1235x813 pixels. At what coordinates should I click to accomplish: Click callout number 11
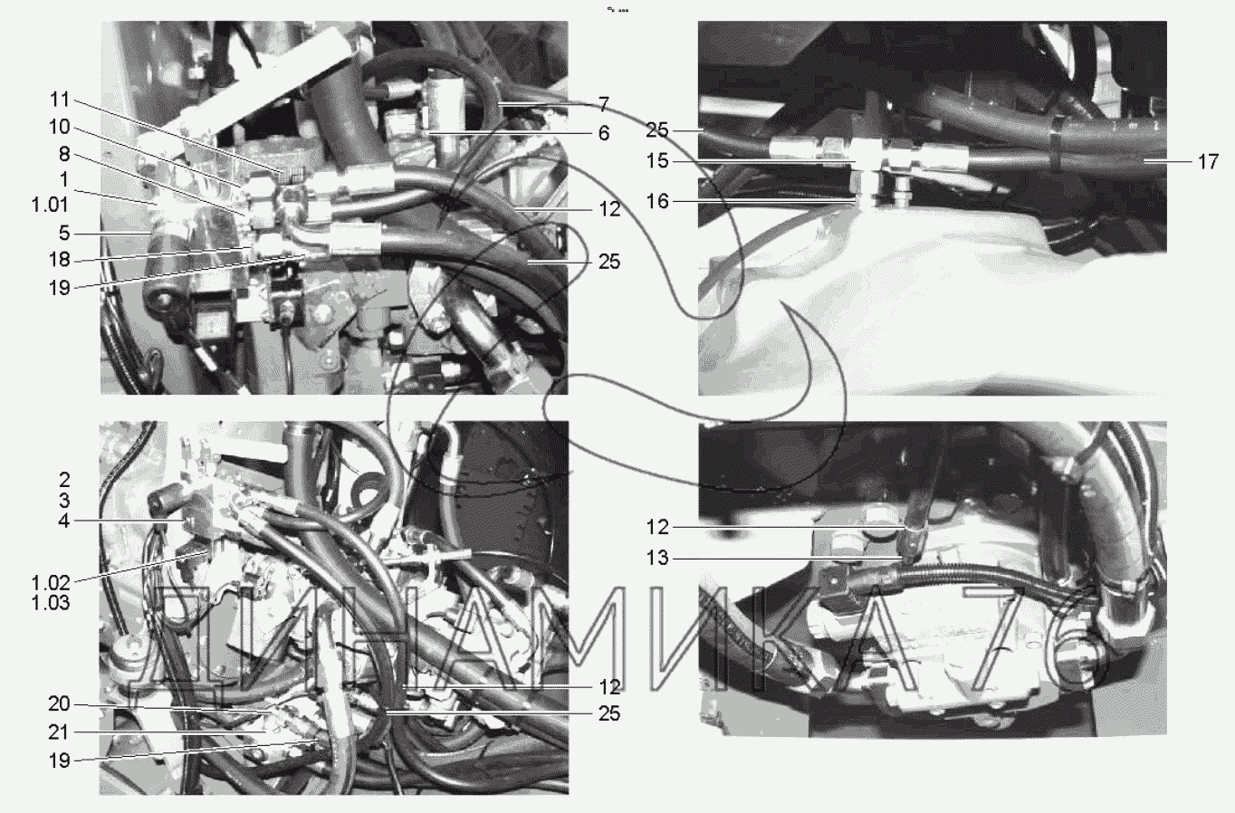pyautogui.click(x=60, y=100)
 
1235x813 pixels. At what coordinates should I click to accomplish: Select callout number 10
pyautogui.click(x=60, y=128)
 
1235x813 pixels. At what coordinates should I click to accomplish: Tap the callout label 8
pyautogui.click(x=64, y=154)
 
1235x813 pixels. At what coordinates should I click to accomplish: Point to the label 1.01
pyautogui.click(x=50, y=205)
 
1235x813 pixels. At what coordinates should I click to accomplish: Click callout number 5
pyautogui.click(x=64, y=234)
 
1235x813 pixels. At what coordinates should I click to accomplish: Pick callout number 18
pyautogui.click(x=60, y=260)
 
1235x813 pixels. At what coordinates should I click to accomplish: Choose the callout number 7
pyautogui.click(x=604, y=104)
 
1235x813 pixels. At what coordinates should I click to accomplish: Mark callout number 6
pyautogui.click(x=604, y=133)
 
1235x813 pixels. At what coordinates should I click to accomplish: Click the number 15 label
pyautogui.click(x=657, y=161)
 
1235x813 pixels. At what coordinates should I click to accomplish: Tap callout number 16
pyautogui.click(x=657, y=202)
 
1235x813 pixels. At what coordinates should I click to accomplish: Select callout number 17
pyautogui.click(x=1208, y=161)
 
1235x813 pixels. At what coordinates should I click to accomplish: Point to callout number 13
pyautogui.click(x=657, y=558)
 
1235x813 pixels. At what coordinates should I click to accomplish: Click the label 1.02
pyautogui.click(x=51, y=583)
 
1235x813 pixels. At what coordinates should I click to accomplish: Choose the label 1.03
pyautogui.click(x=51, y=603)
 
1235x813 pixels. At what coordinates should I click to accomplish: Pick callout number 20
pyautogui.click(x=60, y=703)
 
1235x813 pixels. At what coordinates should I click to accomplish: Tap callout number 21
pyautogui.click(x=60, y=732)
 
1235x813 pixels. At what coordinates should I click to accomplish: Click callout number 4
pyautogui.click(x=64, y=521)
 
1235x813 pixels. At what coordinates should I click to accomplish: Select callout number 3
pyautogui.click(x=64, y=500)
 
